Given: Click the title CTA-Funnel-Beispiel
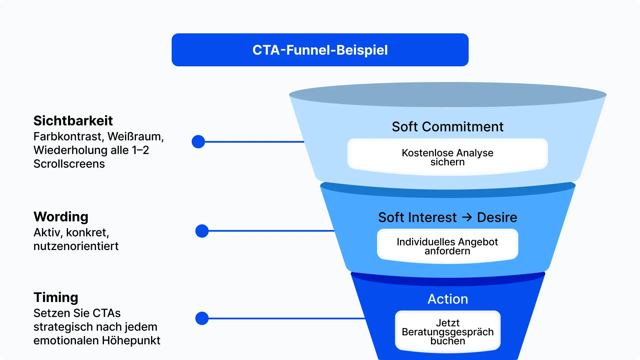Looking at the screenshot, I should [x=320, y=50].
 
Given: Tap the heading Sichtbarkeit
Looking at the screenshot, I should [x=73, y=121].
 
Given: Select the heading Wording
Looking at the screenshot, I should [x=61, y=217].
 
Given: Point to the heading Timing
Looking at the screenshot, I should [x=56, y=297].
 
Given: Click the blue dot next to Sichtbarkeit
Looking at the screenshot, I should [x=198, y=142].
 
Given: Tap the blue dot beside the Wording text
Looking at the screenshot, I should [x=202, y=231].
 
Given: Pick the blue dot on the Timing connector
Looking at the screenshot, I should [x=202, y=318].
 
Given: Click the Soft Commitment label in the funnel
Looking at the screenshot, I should [x=447, y=127].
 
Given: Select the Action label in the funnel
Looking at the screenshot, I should [x=448, y=299].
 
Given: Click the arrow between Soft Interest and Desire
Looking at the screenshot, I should [x=467, y=217].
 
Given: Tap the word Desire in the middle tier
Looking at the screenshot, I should [x=497, y=217].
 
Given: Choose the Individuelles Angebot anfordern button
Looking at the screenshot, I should [x=447, y=246].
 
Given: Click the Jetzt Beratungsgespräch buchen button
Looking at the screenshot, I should [x=447, y=332].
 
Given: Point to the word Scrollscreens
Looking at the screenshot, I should [x=69, y=164].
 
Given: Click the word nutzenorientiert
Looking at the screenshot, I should [x=76, y=246].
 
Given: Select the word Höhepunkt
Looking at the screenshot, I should [x=131, y=341].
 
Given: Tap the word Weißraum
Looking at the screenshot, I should [x=135, y=137].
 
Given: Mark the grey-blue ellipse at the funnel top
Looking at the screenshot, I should [x=447, y=95].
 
